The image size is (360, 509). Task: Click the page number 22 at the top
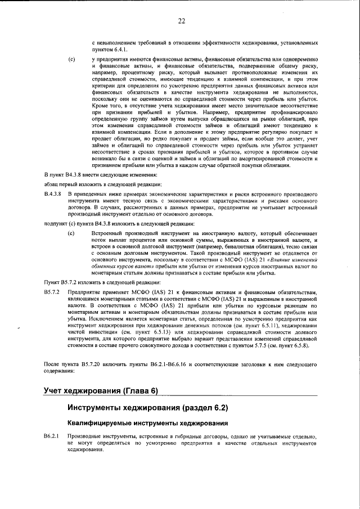point(182,22)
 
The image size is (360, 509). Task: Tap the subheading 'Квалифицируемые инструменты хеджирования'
point(148,422)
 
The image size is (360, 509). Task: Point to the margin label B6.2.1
point(52,436)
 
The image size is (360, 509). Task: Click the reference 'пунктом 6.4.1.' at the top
point(110,49)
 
